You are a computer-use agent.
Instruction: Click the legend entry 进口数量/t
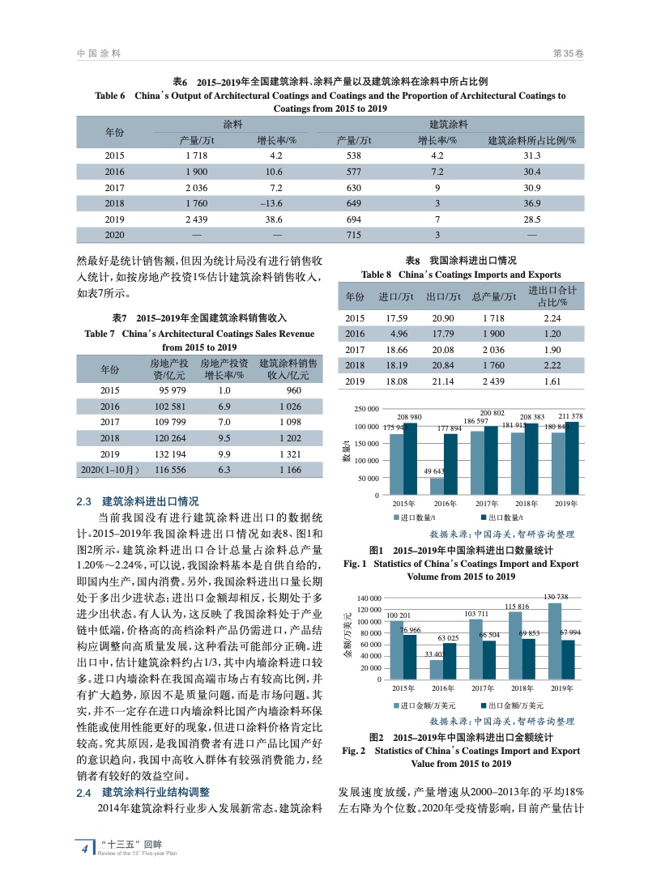coord(416,517)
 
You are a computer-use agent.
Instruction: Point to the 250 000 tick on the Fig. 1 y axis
coord(365,410)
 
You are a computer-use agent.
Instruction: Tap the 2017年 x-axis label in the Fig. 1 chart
coord(486,504)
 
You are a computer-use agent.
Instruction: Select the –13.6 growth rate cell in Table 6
coord(276,203)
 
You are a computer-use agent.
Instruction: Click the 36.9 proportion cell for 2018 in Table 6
coord(531,203)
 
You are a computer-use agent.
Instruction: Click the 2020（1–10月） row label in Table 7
coord(110,470)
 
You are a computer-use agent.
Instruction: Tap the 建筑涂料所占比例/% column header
coord(531,140)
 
